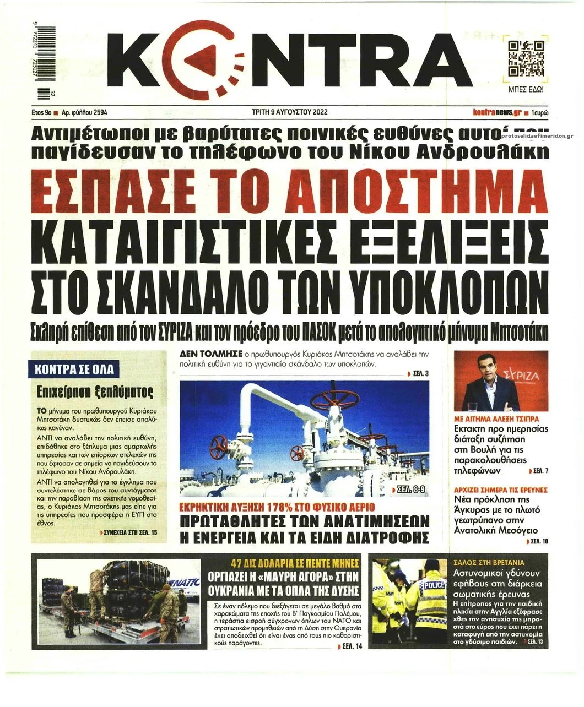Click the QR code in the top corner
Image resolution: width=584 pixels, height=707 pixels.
click(x=526, y=58)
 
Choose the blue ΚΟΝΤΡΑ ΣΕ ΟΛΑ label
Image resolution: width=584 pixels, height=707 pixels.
click(x=74, y=369)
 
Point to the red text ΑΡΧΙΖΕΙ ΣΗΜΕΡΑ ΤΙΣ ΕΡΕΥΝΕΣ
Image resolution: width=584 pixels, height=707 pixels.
click(x=500, y=489)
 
